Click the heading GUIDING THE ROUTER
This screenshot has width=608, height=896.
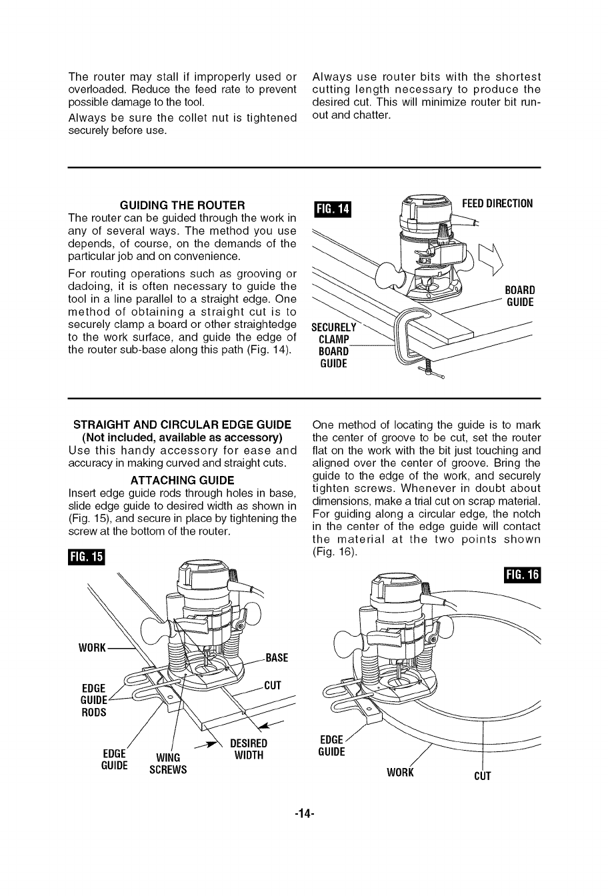(181, 205)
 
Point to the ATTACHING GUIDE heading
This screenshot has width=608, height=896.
(182, 481)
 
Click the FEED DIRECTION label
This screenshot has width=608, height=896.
(497, 203)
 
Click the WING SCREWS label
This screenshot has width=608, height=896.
(170, 763)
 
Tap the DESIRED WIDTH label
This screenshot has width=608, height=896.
(248, 749)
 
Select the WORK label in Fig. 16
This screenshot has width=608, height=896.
(401, 773)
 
